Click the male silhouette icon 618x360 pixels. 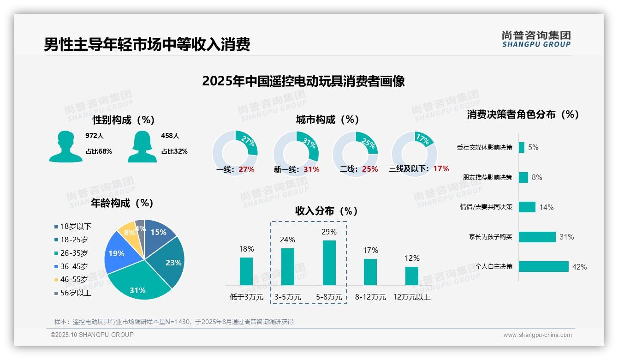click(65, 146)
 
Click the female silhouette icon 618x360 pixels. click(142, 146)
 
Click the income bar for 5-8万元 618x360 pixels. click(329, 263)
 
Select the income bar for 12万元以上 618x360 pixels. click(412, 276)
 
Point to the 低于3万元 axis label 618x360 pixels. click(246, 297)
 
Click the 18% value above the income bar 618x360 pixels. click(246, 249)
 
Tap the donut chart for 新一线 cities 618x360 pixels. click(296, 153)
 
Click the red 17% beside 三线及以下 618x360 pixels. click(441, 168)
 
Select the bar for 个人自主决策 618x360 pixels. click(543, 266)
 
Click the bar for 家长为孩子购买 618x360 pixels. click(537, 237)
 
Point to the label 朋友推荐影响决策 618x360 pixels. click(487, 177)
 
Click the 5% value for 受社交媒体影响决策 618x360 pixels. click(533, 148)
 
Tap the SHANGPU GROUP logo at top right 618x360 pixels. click(536, 39)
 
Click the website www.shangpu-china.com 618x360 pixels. click(537, 335)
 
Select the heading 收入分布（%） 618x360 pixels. click(327, 211)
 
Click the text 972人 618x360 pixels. click(95, 136)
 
